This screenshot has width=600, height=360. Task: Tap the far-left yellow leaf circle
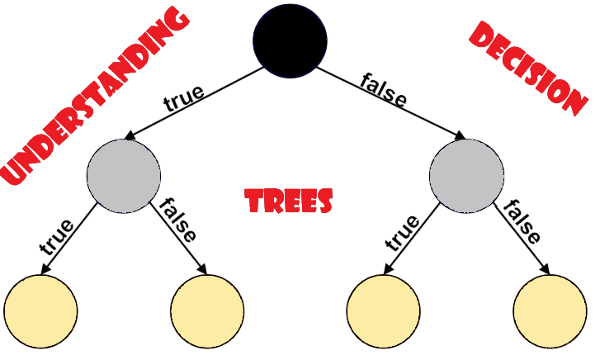click(x=40, y=311)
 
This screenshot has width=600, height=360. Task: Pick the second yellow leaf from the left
click(x=207, y=311)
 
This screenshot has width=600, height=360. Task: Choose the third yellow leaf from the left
click(x=383, y=311)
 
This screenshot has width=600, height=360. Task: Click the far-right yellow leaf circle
click(x=550, y=311)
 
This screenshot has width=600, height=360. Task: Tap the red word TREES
click(x=290, y=201)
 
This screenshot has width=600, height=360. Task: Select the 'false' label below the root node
click(x=384, y=91)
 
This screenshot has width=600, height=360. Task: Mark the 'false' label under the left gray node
click(x=177, y=219)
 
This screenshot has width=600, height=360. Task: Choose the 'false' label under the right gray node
click(x=522, y=221)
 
